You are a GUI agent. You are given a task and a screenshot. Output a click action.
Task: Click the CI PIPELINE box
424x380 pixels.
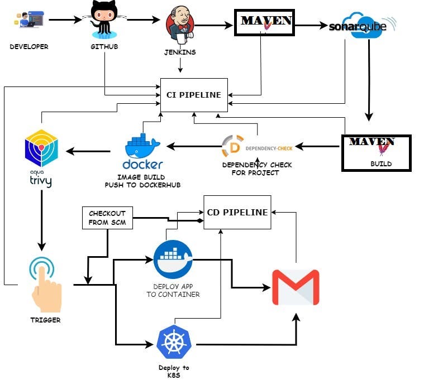point(194,94)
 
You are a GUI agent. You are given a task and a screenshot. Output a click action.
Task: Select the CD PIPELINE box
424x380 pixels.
point(237,212)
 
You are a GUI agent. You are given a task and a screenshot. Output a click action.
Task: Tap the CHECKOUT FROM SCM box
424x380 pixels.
point(107,218)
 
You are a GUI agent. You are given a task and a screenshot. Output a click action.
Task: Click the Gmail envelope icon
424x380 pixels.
point(296,287)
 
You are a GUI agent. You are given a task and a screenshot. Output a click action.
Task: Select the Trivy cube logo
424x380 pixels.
point(42,150)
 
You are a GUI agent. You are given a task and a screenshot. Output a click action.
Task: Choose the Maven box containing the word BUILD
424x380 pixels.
point(376,152)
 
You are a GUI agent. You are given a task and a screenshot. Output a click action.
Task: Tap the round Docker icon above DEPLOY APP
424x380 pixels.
point(173,259)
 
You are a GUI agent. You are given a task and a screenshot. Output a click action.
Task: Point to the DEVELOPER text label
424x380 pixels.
point(29,47)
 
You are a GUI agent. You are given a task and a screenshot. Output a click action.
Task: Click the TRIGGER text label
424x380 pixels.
point(45,320)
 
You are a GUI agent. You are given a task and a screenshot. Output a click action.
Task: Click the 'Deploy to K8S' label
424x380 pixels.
point(174,372)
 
